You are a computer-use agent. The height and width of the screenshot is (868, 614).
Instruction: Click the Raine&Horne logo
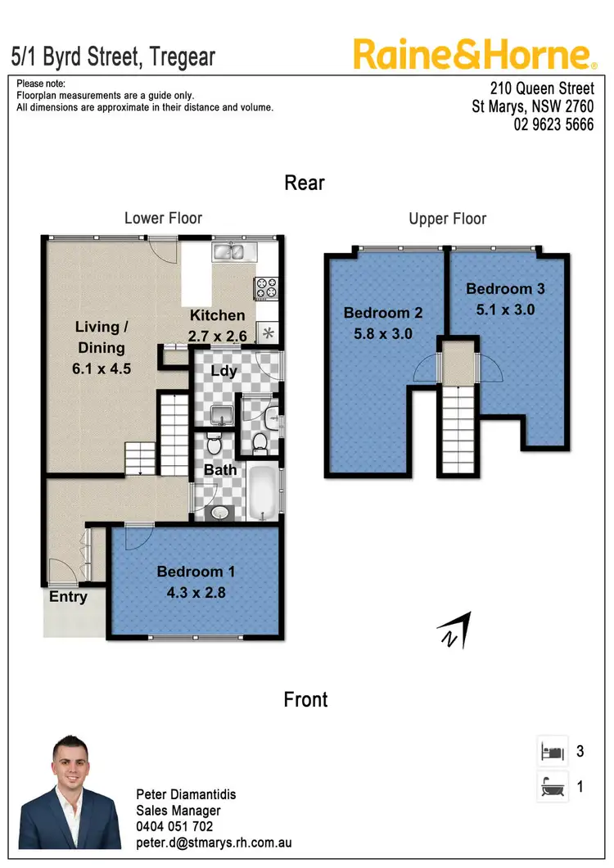(474, 55)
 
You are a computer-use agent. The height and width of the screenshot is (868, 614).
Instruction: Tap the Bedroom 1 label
(190, 572)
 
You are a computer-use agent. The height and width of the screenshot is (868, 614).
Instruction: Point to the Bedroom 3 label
(505, 288)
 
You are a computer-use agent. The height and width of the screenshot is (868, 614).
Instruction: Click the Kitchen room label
(217, 315)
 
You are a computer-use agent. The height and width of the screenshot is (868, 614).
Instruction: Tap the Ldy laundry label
(223, 370)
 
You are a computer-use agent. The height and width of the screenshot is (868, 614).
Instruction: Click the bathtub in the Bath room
(261, 491)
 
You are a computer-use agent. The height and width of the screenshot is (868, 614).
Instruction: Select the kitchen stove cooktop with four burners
(268, 288)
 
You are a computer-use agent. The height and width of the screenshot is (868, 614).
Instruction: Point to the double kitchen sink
(234, 251)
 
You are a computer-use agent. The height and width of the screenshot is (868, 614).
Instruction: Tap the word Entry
(68, 596)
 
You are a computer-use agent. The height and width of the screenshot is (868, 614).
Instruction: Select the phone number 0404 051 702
(174, 826)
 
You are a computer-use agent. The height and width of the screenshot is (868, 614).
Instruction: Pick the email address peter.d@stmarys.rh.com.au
(213, 842)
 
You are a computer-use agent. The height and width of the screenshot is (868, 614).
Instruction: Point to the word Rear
(305, 182)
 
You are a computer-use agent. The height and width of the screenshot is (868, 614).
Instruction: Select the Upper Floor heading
(447, 219)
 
